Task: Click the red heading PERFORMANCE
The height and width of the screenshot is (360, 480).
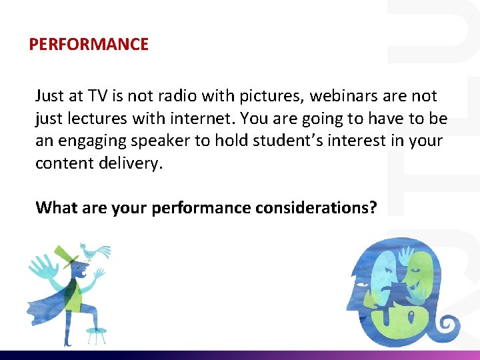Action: tap(89, 45)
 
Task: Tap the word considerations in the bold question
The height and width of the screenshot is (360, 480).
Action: tap(315, 207)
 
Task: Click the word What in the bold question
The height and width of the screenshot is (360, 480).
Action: tap(57, 207)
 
